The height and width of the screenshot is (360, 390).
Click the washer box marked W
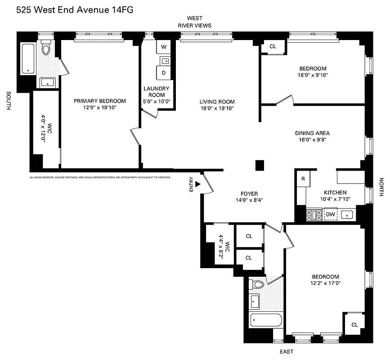163,47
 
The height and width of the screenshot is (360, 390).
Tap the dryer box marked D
163,72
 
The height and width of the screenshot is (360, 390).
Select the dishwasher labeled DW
331,214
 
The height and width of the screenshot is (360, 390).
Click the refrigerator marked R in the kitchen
303,179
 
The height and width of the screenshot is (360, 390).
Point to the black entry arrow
197,184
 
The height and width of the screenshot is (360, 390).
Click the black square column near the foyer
259,165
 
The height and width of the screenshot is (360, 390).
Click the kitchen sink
347,214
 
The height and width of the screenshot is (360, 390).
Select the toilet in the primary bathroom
46,48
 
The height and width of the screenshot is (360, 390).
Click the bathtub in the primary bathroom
28,58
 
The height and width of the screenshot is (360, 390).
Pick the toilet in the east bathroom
257,284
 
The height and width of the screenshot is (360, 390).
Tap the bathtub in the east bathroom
265,322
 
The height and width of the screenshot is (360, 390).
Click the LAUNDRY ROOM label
157,92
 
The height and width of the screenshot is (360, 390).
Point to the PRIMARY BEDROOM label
100,101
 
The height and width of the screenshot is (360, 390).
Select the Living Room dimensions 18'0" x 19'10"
217,108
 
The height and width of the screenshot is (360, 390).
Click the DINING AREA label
312,133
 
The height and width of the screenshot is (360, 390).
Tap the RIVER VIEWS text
194,26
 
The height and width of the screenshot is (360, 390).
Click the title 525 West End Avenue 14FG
75,9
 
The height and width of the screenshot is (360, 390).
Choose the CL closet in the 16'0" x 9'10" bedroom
273,46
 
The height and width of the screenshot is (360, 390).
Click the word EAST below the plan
287,351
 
